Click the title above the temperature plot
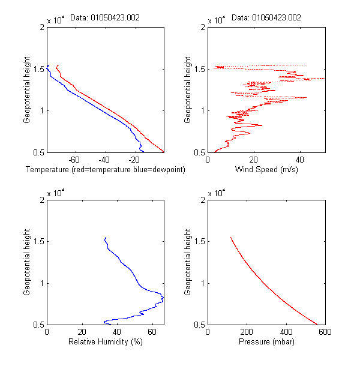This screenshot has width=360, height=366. tap(114, 17)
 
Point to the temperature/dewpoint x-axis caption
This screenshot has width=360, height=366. tap(106, 170)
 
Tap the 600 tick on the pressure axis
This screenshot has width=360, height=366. tap(325, 332)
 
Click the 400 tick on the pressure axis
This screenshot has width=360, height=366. tap(286, 332)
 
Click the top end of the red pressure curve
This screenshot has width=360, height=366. tap(230, 238)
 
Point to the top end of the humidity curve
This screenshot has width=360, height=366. tap(105, 238)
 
